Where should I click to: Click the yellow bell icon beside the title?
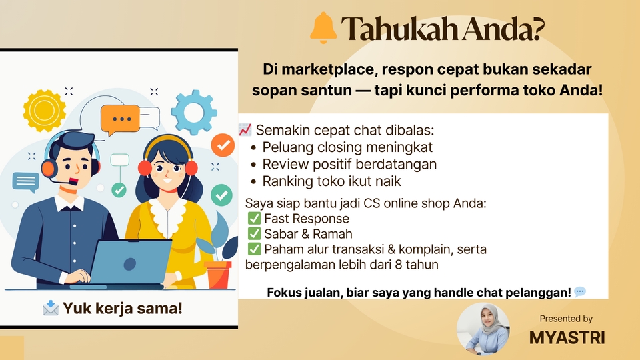pyautogui.click(x=323, y=28)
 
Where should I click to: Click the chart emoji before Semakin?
pyautogui.click(x=245, y=130)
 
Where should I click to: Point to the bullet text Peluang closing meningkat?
pyautogui.click(x=347, y=147)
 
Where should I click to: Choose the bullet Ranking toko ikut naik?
pyautogui.click(x=331, y=181)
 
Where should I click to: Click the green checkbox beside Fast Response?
pyautogui.click(x=254, y=219)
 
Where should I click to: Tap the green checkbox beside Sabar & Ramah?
pyautogui.click(x=254, y=234)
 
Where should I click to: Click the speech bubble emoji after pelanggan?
pyautogui.click(x=580, y=292)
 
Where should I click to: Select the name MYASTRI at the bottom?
pyautogui.click(x=567, y=337)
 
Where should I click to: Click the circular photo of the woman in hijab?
pyautogui.click(x=483, y=329)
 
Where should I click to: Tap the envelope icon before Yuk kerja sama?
pyautogui.click(x=51, y=308)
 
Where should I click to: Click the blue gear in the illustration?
pyautogui.click(x=193, y=112)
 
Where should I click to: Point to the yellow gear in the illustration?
pyautogui.click(x=45, y=111)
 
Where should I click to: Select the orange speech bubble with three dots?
pyautogui.click(x=120, y=119)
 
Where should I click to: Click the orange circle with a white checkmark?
pyautogui.click(x=223, y=145)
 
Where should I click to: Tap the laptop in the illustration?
pyautogui.click(x=130, y=263)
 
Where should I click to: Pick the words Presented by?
pyautogui.click(x=566, y=319)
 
